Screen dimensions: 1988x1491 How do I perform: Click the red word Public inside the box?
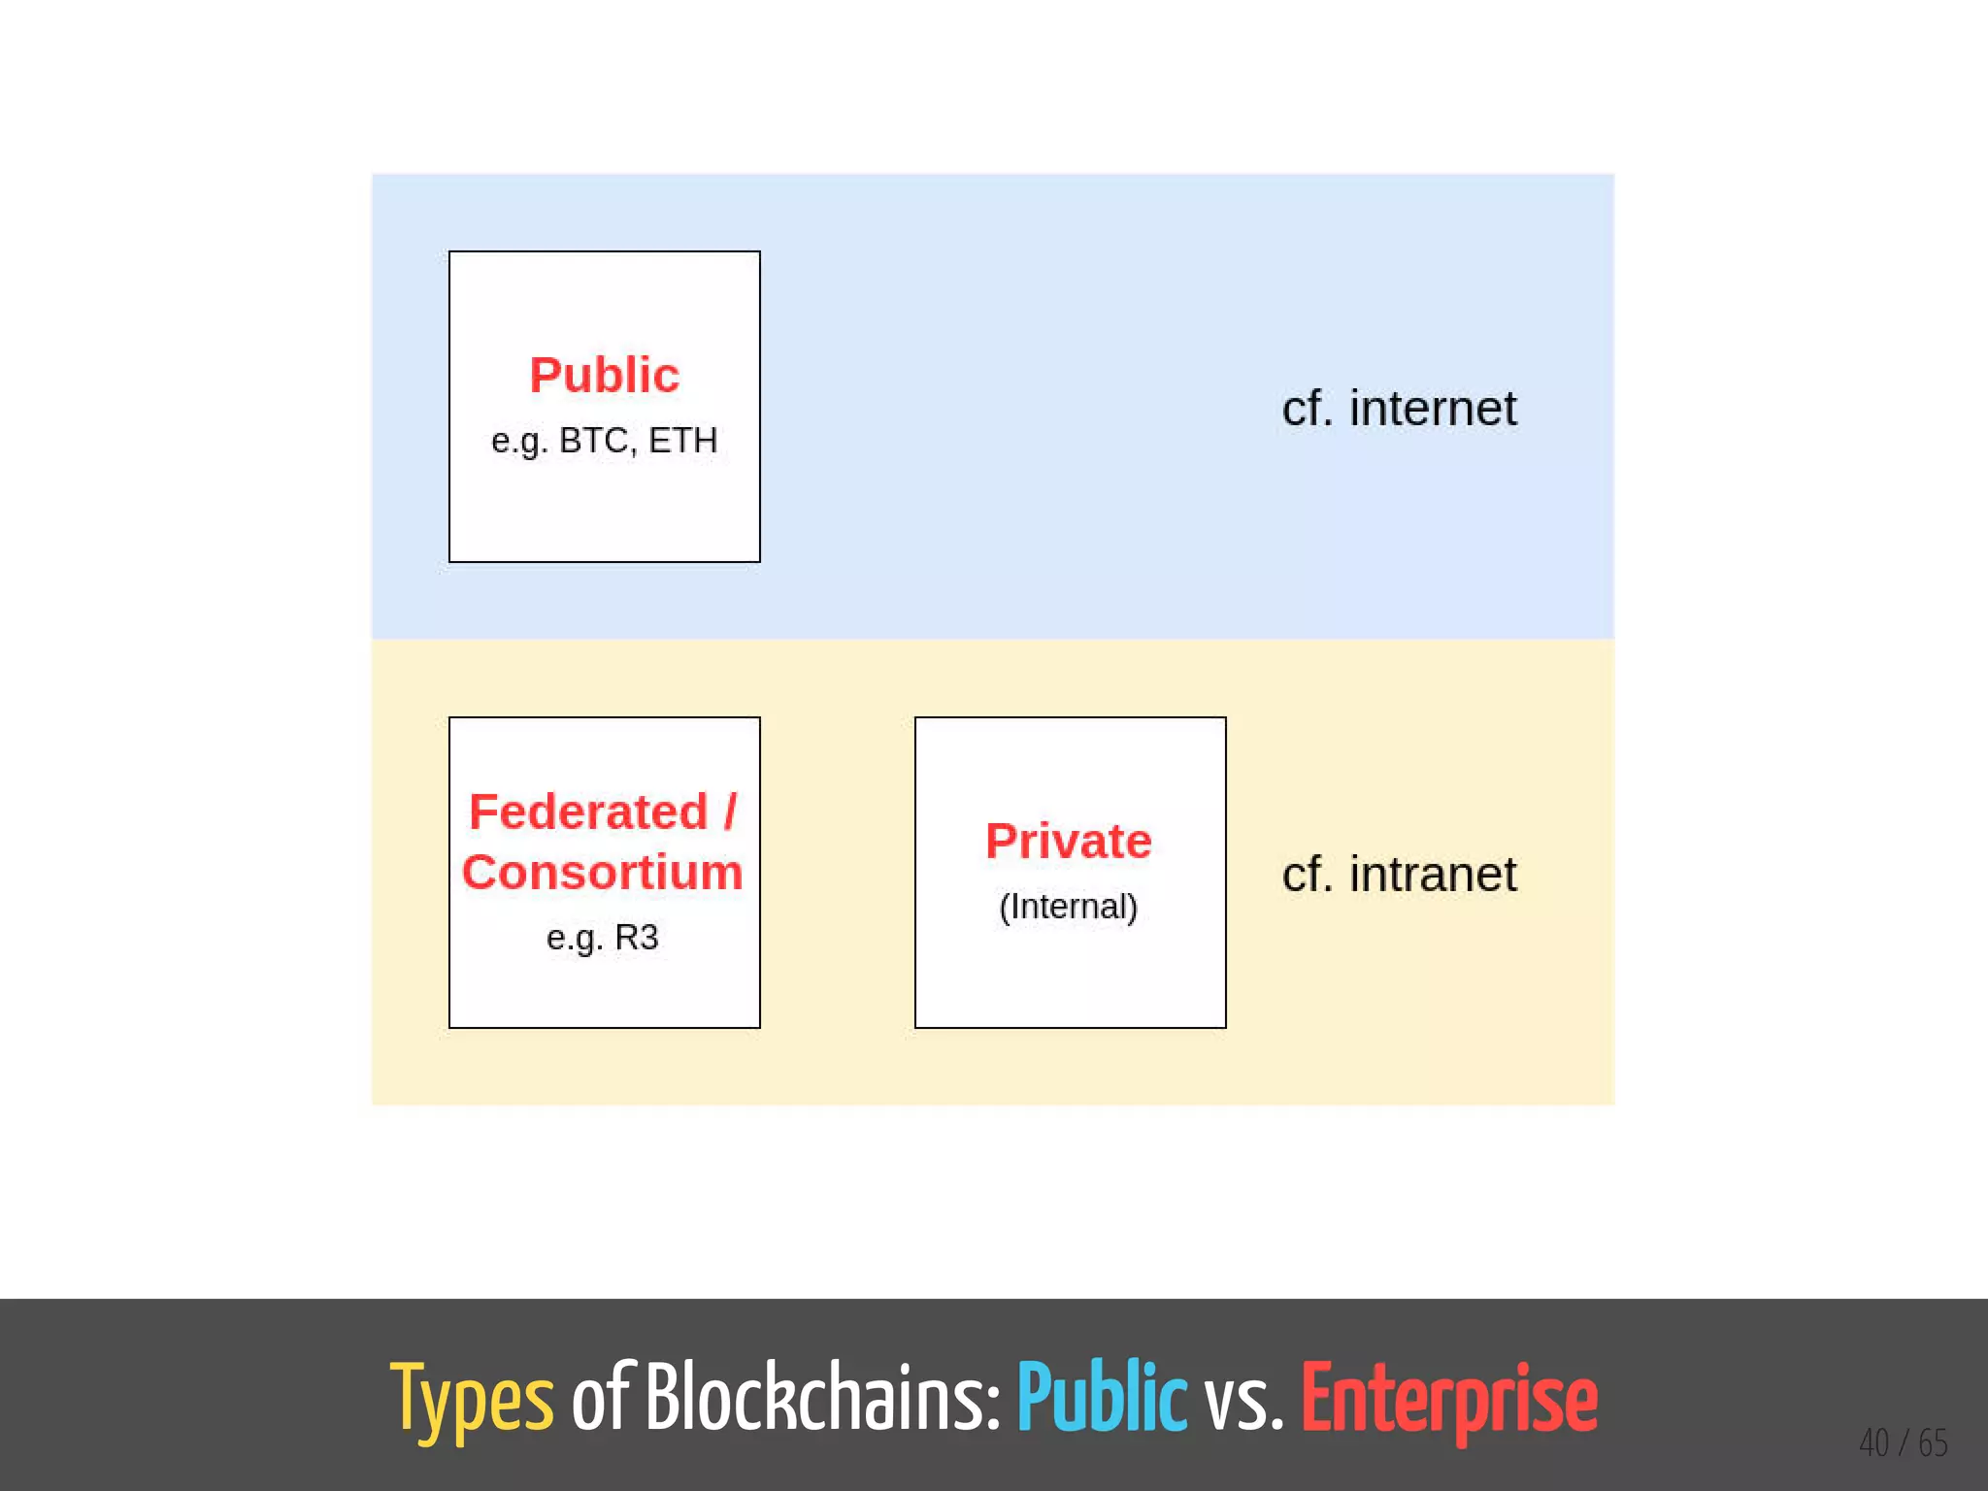click(x=604, y=376)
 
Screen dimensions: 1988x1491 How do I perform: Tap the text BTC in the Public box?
click(x=593, y=441)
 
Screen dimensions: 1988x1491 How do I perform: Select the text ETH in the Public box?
click(x=682, y=441)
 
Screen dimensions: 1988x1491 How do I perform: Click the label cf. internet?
click(x=1398, y=408)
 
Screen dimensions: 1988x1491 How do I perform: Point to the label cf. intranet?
click(x=1398, y=874)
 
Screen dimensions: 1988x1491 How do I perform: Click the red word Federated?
click(x=588, y=812)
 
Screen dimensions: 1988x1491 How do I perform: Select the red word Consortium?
click(x=602, y=872)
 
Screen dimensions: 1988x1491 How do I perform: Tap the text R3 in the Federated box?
click(x=637, y=937)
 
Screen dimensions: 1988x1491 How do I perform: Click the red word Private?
click(x=1069, y=841)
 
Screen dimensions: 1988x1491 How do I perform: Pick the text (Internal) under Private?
click(x=1068, y=906)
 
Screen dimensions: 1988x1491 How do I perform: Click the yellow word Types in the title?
click(x=472, y=1400)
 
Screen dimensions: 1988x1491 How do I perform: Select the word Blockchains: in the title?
click(x=822, y=1398)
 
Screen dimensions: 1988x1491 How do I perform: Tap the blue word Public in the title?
click(x=1102, y=1398)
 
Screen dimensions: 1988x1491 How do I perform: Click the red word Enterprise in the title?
click(x=1448, y=1400)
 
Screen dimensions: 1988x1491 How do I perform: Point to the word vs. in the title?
click(x=1243, y=1400)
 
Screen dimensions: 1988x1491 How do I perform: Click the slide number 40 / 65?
click(x=1903, y=1442)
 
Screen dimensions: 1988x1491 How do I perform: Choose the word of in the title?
click(x=602, y=1398)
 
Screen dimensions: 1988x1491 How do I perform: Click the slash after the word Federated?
click(x=730, y=812)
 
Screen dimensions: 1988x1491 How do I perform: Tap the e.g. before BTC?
click(x=519, y=442)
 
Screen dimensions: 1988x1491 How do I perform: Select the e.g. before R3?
click(x=575, y=938)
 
